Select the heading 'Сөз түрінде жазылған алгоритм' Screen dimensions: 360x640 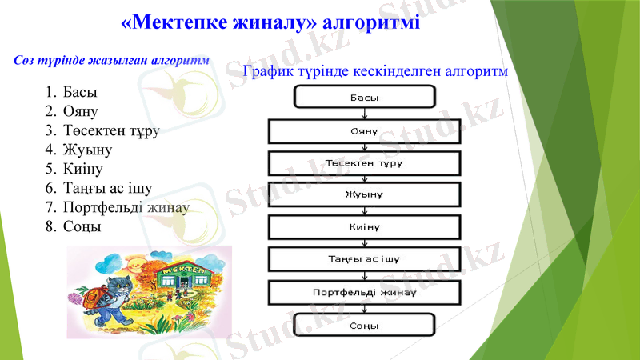pyautogui.click(x=112, y=61)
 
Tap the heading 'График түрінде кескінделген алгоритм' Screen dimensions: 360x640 pyautogui.click(x=376, y=72)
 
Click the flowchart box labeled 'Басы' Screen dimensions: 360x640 pyautogui.click(x=365, y=98)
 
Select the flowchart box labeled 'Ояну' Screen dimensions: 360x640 pyautogui.click(x=365, y=130)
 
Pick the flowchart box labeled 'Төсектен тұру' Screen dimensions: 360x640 pyautogui.click(x=365, y=162)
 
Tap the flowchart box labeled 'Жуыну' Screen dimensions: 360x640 pyautogui.click(x=365, y=194)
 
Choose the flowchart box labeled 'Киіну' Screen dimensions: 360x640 pyautogui.click(x=365, y=227)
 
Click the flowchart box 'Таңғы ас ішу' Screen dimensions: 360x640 pyautogui.click(x=365, y=259)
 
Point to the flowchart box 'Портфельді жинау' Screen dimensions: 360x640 pyautogui.click(x=365, y=292)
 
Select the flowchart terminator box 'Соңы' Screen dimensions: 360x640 pyautogui.click(x=365, y=325)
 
